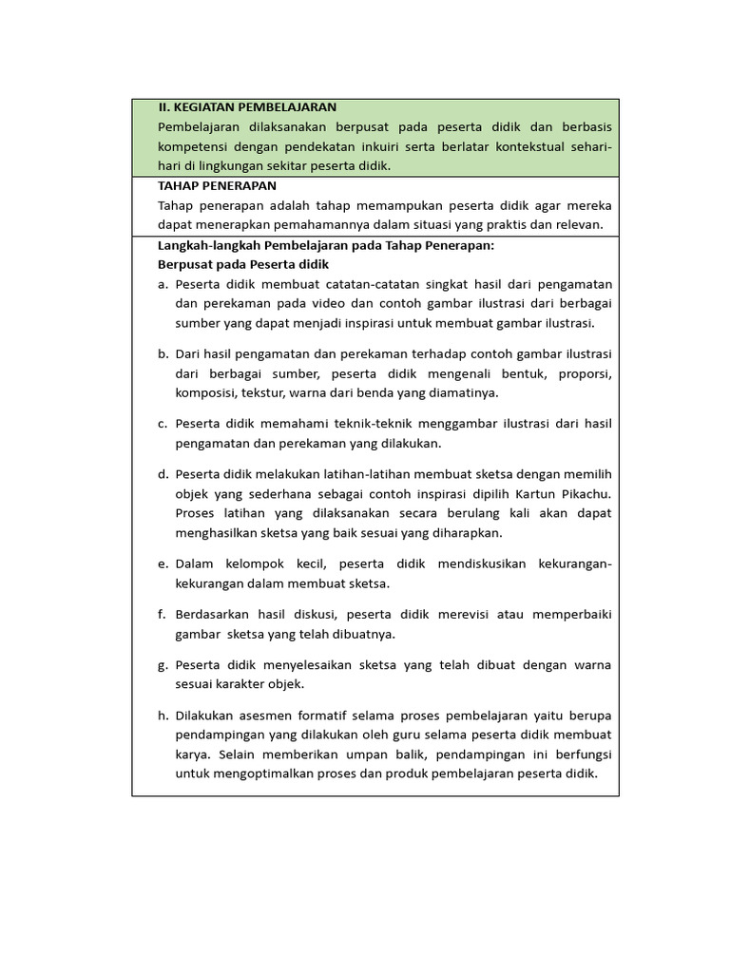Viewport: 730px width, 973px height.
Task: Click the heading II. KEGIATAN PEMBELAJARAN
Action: tap(247, 107)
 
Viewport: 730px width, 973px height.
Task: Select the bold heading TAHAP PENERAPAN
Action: tap(217, 185)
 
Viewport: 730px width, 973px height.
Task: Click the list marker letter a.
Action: tap(163, 284)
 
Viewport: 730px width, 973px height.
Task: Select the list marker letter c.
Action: tap(163, 423)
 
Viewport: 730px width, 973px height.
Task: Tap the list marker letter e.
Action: tap(163, 563)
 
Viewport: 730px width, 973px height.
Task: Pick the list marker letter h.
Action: tap(163, 715)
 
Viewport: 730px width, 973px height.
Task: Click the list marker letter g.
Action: tap(163, 664)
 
